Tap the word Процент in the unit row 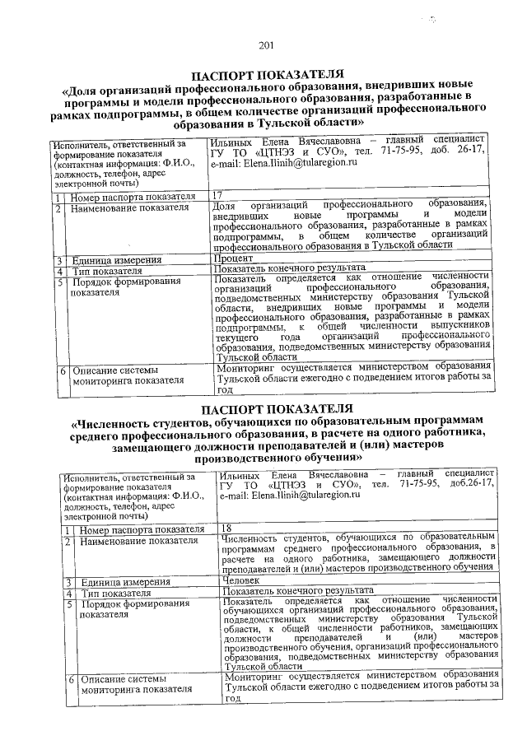231,260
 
